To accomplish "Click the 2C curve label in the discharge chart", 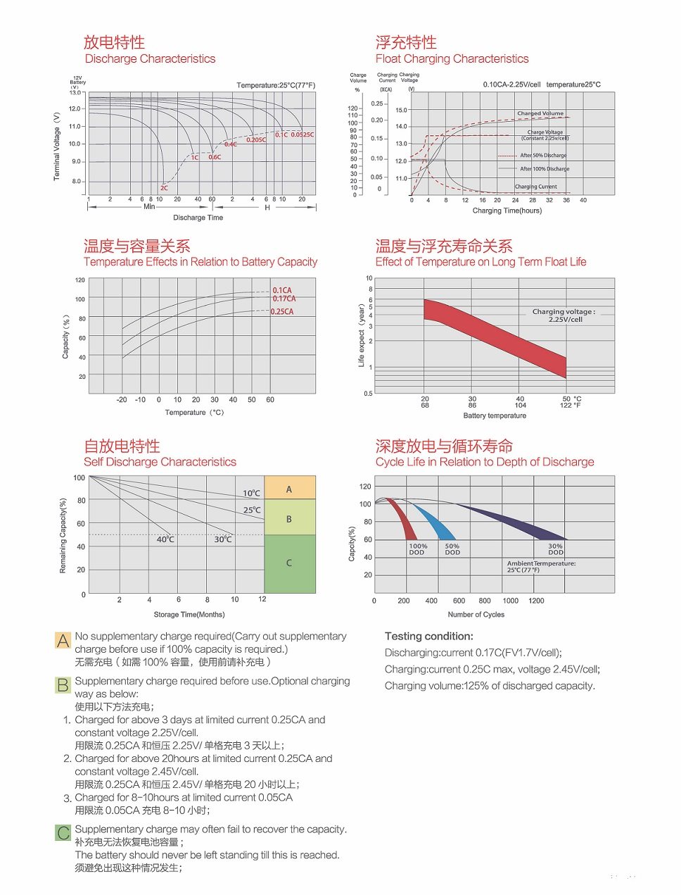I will [164, 188].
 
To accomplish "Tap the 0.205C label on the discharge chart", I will [256, 139].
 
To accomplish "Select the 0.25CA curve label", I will [282, 311].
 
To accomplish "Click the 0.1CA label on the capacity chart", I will [282, 290].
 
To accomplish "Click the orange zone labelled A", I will [289, 489].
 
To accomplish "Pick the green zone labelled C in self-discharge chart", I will [289, 563].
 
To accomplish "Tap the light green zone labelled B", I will [289, 518].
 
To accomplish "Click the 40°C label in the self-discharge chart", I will [165, 539].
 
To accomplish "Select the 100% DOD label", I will [418, 549].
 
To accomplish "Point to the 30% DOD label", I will [556, 549].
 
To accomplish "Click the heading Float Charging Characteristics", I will [452, 58].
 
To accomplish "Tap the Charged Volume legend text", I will [540, 113].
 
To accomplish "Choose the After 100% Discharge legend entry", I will [545, 168].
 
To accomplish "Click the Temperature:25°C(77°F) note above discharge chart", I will [276, 85].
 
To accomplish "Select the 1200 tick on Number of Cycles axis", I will [536, 601].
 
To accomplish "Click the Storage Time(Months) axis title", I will [189, 614].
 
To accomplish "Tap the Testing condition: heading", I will [429, 636].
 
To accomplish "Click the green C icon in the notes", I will [63, 833].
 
